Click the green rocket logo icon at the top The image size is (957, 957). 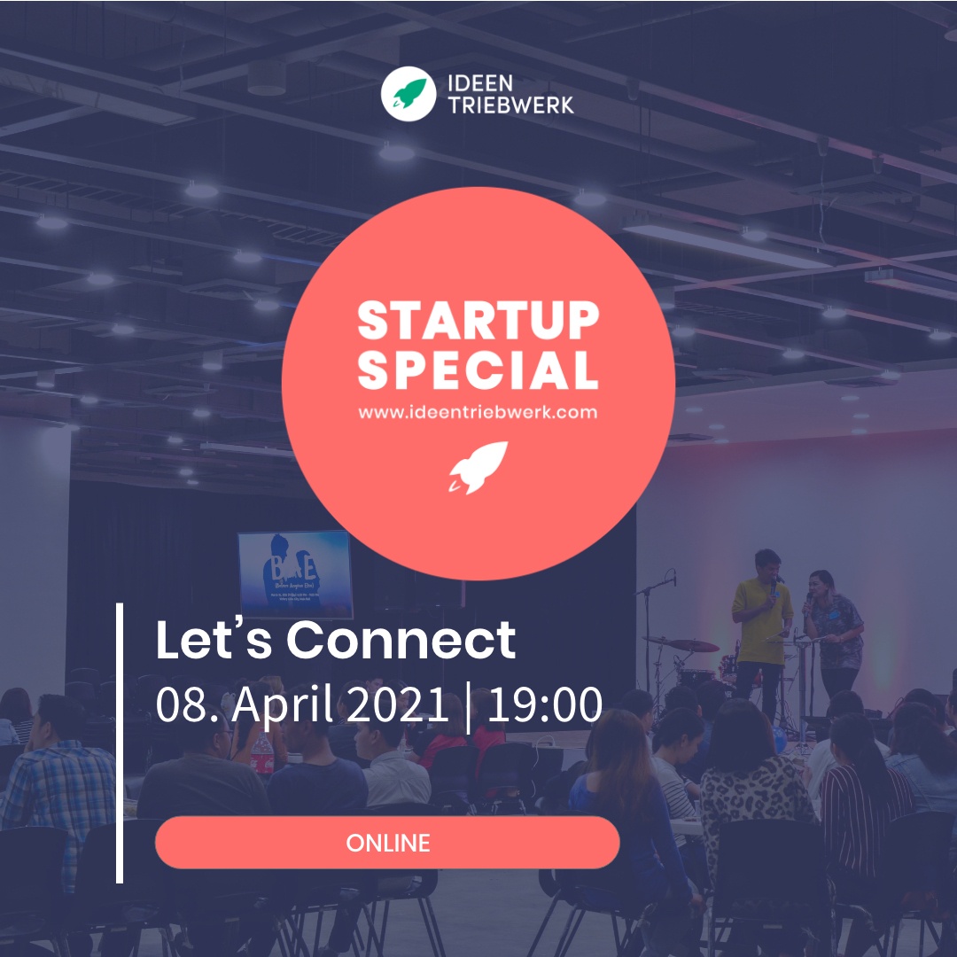coord(408,96)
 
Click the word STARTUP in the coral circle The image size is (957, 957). coord(478,322)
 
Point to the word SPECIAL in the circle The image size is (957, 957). coord(478,370)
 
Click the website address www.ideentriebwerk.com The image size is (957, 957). coord(478,412)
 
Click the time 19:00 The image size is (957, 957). coord(545,704)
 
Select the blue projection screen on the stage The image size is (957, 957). coord(295,572)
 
